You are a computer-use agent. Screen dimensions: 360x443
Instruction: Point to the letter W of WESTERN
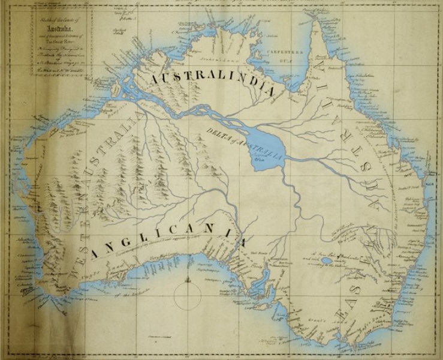(x=73, y=274)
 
